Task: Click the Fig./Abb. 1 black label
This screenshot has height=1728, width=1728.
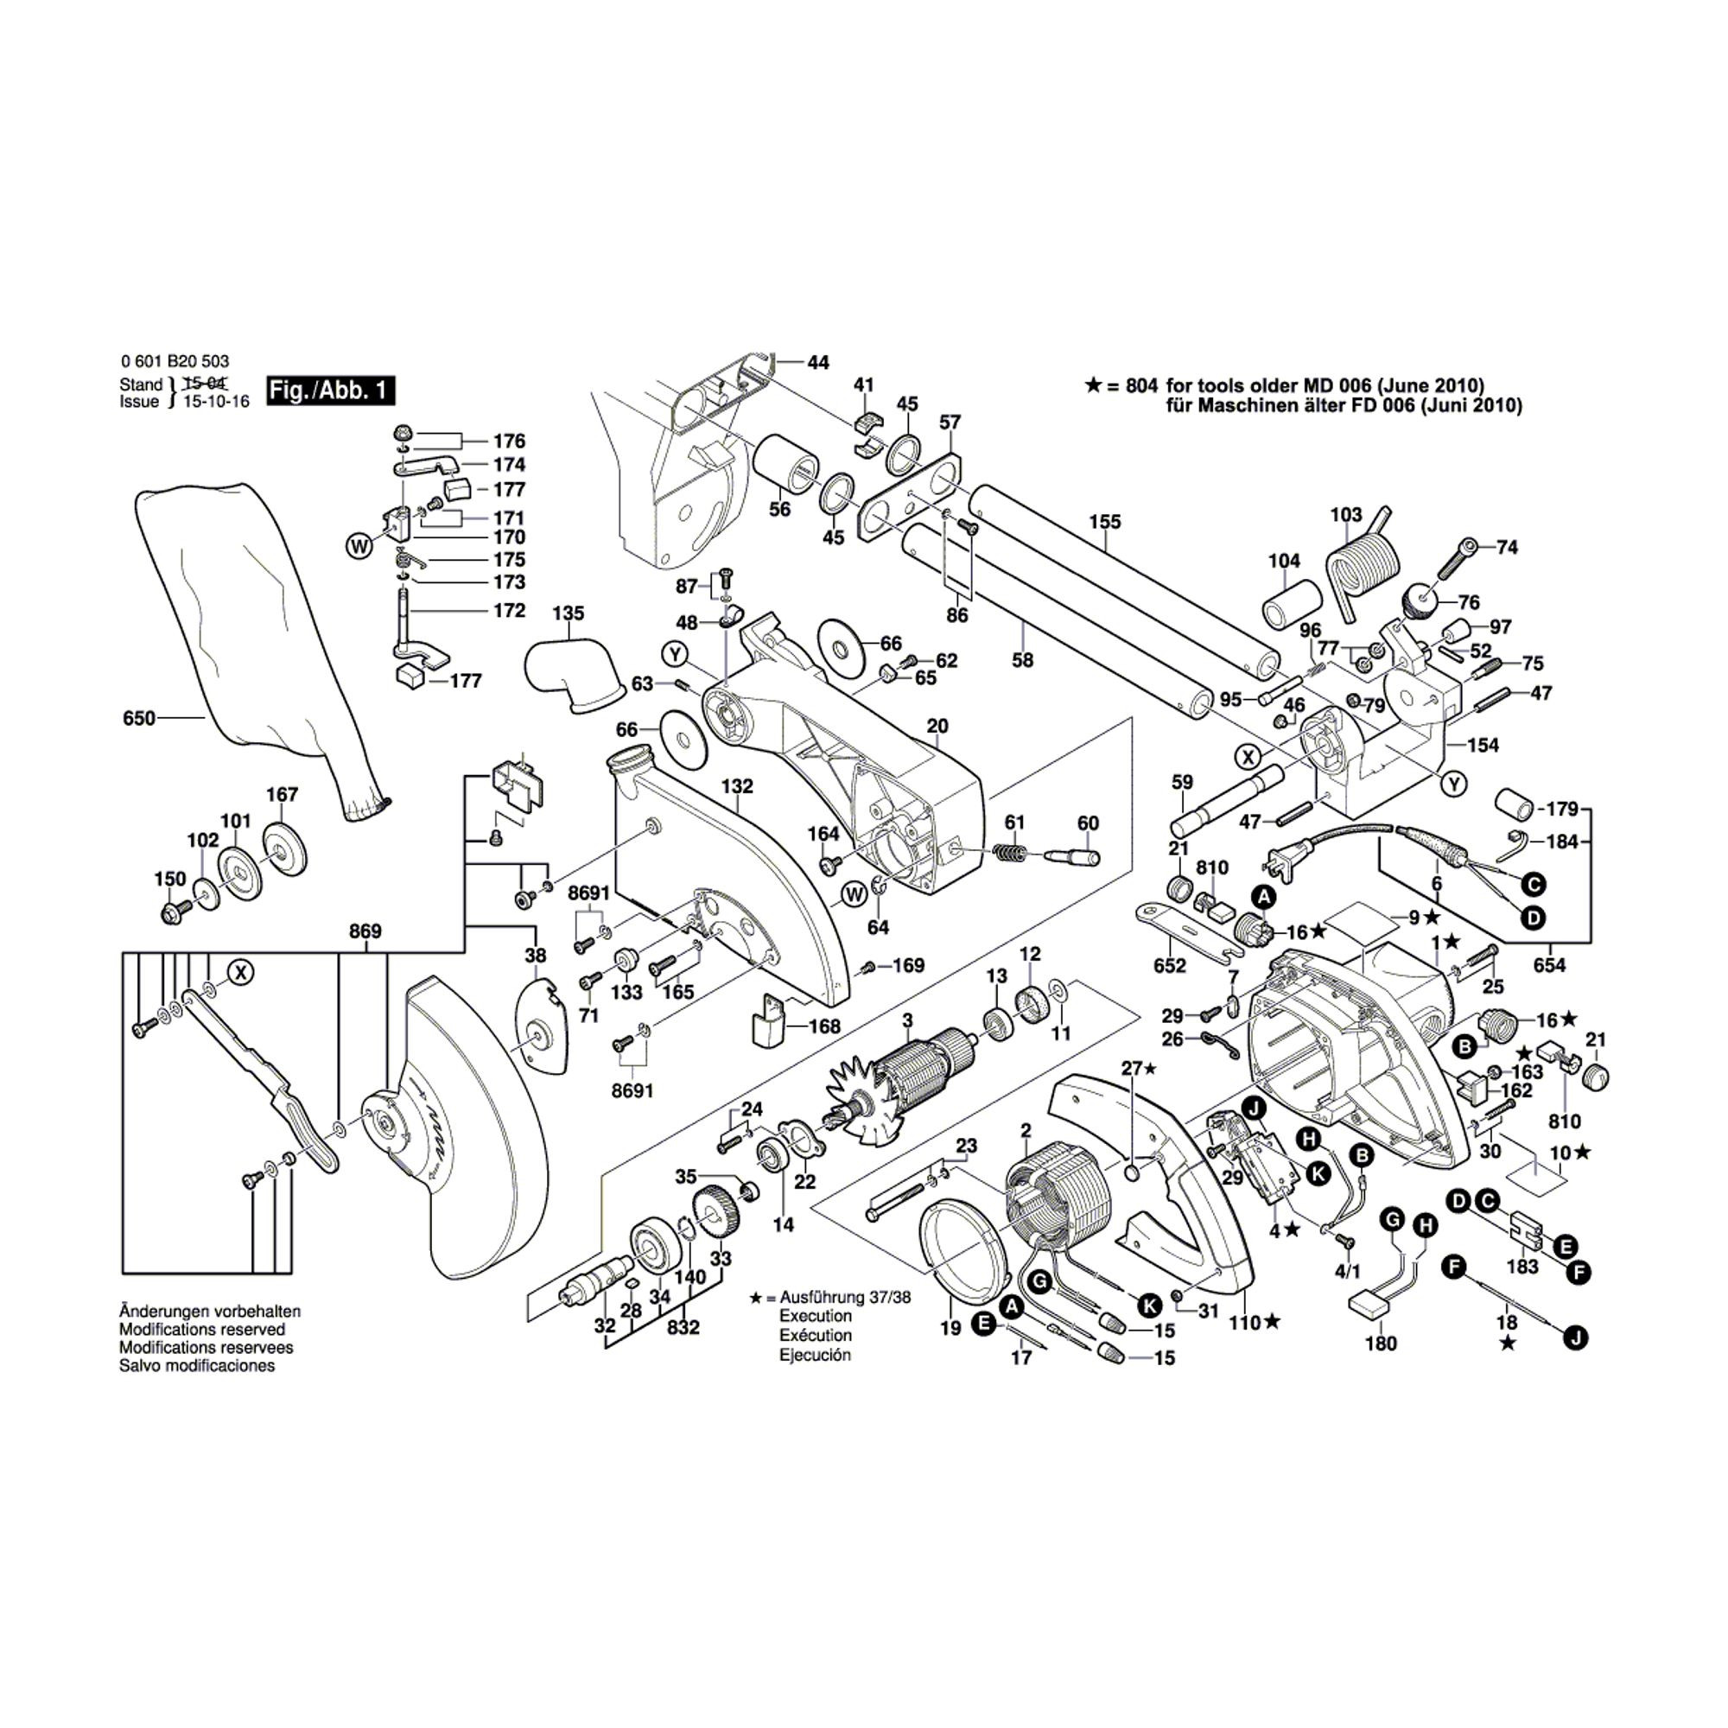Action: (x=330, y=391)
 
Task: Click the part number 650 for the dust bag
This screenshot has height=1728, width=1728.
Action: (x=138, y=718)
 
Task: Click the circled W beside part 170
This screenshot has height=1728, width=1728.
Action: (x=359, y=545)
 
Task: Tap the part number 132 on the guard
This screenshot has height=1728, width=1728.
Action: (x=738, y=786)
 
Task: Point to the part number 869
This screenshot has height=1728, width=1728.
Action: (x=365, y=931)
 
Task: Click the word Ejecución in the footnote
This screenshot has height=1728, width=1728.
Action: (x=815, y=1355)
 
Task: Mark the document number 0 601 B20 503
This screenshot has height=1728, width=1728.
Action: (x=175, y=361)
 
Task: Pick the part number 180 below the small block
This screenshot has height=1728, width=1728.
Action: (x=1381, y=1343)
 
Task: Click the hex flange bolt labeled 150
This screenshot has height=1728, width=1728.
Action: (x=171, y=913)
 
